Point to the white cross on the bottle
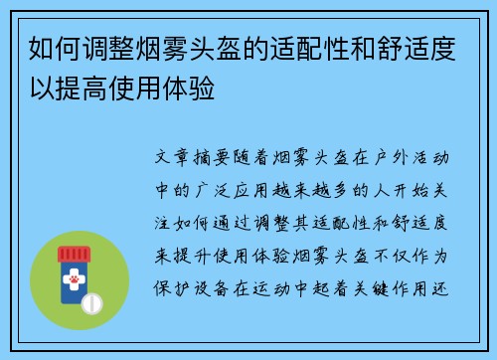(x=73, y=269)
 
